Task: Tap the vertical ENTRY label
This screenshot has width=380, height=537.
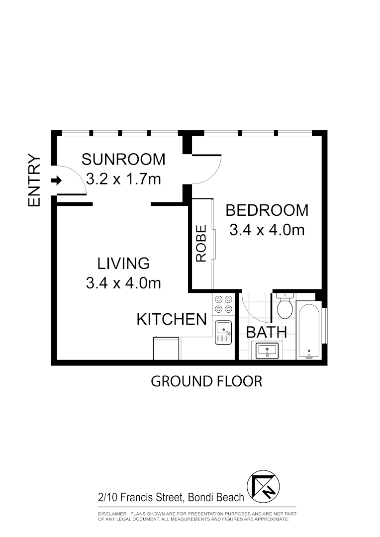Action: click(34, 180)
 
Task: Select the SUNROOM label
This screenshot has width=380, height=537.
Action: click(123, 159)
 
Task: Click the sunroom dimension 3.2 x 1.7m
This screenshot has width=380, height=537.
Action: click(123, 179)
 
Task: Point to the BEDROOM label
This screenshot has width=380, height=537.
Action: click(267, 210)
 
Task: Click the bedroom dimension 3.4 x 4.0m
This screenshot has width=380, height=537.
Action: click(267, 230)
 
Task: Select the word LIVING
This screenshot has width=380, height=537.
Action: click(123, 263)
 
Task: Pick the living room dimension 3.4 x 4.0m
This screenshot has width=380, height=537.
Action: click(123, 283)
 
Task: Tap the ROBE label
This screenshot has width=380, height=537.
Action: click(201, 244)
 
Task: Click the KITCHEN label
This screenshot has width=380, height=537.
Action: click(172, 319)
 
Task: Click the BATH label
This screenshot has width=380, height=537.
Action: click(267, 332)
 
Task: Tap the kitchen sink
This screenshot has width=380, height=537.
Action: click(223, 332)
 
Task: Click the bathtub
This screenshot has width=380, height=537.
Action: click(309, 330)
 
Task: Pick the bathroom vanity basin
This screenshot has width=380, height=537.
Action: click(268, 350)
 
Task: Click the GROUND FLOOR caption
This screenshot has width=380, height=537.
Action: click(206, 381)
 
